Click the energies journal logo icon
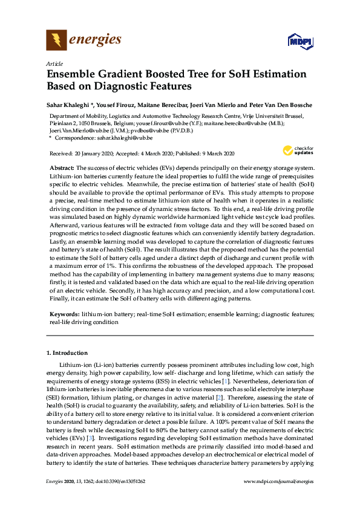coord(56,41)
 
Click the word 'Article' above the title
coord(54,63)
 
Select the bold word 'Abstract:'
coord(61,167)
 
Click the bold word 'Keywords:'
coord(64,315)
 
